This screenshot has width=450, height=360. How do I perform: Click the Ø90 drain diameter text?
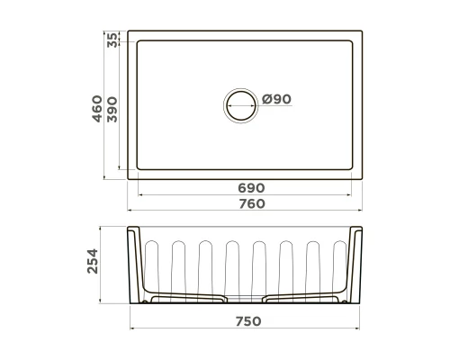tap(275, 100)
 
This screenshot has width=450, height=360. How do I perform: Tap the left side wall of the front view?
tap(136, 265)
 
